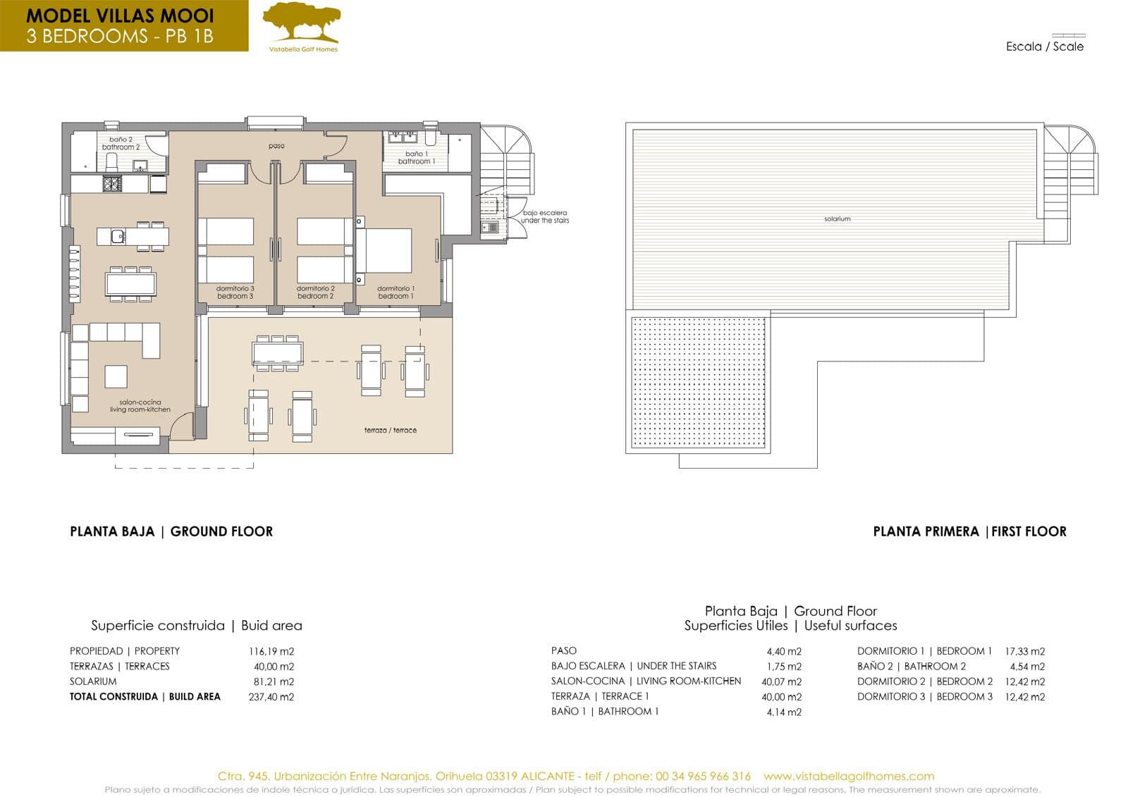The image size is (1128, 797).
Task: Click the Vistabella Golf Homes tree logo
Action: pyautogui.click(x=302, y=24)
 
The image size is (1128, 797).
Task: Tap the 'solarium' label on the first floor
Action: pyautogui.click(x=837, y=219)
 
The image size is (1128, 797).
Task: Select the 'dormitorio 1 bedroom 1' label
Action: pyautogui.click(x=396, y=292)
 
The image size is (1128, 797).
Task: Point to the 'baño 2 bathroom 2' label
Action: pyautogui.click(x=121, y=144)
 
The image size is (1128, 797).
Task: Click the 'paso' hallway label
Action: pyautogui.click(x=276, y=146)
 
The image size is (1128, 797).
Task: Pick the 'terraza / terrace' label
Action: pyautogui.click(x=390, y=430)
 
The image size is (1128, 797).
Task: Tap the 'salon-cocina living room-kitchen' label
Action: pyautogui.click(x=140, y=406)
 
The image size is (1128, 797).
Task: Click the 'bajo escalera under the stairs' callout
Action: pyautogui.click(x=545, y=216)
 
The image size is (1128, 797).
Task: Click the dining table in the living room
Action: pyautogui.click(x=130, y=283)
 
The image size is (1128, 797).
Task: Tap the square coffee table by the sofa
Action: pyautogui.click(x=116, y=376)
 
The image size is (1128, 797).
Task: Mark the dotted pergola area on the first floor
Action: pyautogui.click(x=698, y=381)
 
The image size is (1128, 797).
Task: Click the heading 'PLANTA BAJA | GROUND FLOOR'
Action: pyautogui.click(x=171, y=531)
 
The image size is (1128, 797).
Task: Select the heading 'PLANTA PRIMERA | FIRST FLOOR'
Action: pyautogui.click(x=969, y=531)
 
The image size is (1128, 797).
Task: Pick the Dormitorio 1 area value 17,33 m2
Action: pyautogui.click(x=1024, y=651)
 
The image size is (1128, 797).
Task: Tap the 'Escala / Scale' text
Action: pyautogui.click(x=1045, y=47)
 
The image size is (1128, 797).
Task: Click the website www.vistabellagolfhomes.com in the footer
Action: pyautogui.click(x=849, y=776)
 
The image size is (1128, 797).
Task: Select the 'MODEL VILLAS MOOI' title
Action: pyautogui.click(x=120, y=16)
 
